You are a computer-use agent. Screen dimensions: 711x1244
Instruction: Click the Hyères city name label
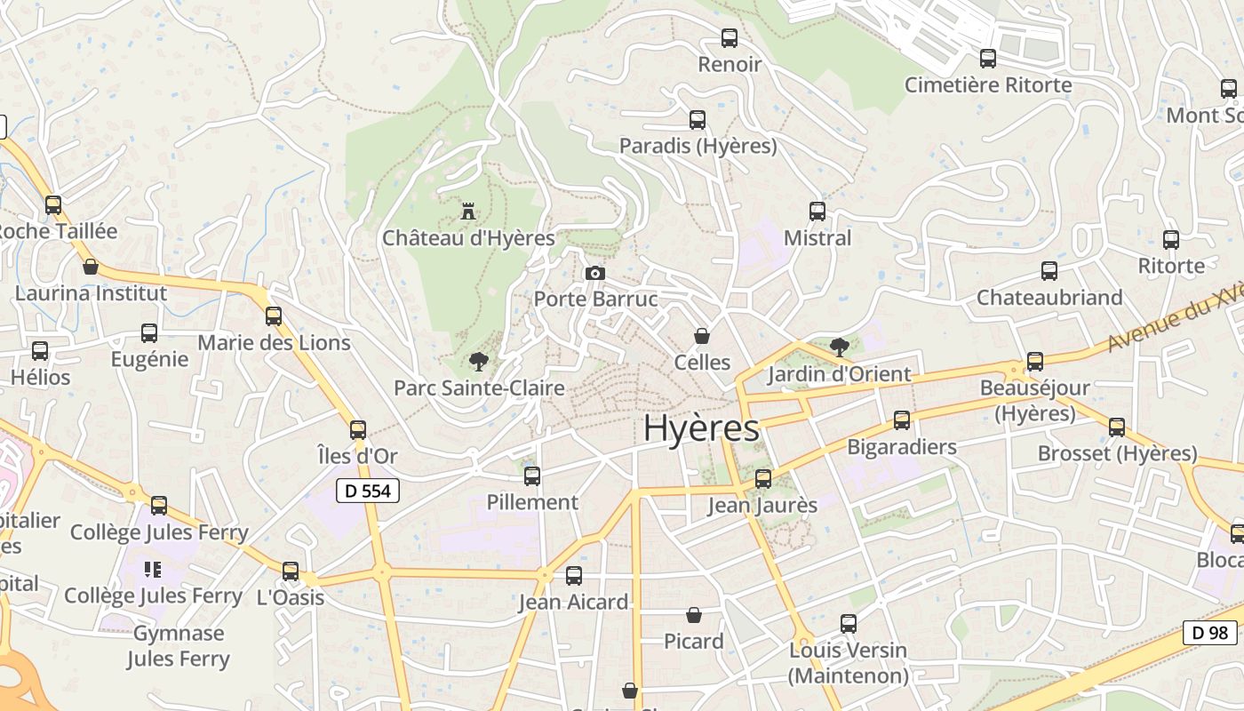coord(701,427)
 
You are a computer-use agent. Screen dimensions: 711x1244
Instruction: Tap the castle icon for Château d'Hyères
coord(468,212)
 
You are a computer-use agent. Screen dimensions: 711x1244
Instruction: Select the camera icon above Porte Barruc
coord(595,273)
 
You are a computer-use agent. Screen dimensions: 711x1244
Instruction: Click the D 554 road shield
coord(368,491)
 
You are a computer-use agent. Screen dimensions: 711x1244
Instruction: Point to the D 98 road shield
coord(1209,633)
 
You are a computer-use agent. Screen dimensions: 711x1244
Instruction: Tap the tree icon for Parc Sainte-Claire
coord(478,362)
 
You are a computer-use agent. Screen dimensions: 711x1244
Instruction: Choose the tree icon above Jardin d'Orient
coord(839,347)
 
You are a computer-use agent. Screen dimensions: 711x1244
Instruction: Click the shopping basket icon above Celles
coord(702,336)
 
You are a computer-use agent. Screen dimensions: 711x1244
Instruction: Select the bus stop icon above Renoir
coord(730,38)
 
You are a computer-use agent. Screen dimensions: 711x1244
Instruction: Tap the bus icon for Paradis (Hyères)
coord(698,119)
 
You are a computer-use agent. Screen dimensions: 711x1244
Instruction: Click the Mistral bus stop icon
coord(817,212)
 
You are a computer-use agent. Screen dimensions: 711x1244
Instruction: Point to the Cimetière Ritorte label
coord(988,85)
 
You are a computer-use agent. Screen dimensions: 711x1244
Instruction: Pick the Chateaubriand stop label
coord(1049,298)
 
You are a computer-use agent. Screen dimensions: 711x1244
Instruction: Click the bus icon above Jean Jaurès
coord(762,479)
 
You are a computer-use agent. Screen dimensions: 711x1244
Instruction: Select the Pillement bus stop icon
coord(532,476)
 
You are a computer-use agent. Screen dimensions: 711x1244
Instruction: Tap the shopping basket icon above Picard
coord(694,615)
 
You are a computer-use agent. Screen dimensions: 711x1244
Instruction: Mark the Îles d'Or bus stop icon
coord(358,430)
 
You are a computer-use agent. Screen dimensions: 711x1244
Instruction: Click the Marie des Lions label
coord(274,343)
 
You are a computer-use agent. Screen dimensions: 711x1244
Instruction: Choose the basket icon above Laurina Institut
coord(91,267)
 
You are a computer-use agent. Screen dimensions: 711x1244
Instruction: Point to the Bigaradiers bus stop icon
coord(902,420)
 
